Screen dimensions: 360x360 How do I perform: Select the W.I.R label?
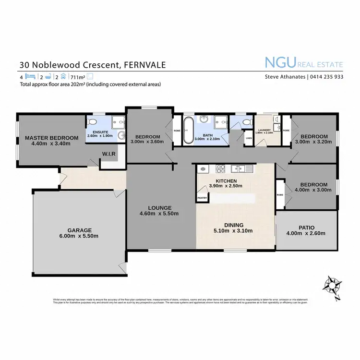108,154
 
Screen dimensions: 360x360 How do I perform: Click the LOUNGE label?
159,208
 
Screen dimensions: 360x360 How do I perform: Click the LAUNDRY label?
264,130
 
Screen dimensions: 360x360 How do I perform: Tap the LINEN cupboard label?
248,138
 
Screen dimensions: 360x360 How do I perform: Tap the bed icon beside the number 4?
30,76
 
